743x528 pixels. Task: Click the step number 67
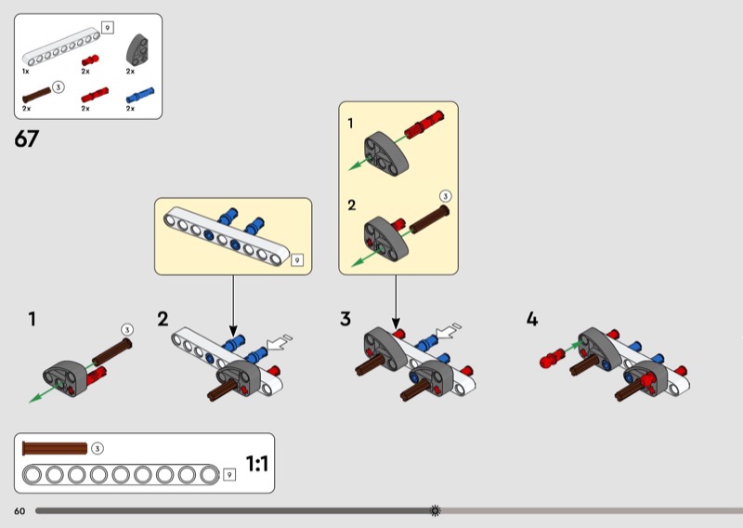click(27, 139)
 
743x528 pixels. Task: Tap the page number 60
click(20, 511)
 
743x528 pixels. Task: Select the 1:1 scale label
click(257, 464)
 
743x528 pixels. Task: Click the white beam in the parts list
click(61, 48)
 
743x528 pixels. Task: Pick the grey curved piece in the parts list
click(138, 50)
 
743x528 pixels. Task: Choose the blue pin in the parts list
click(140, 95)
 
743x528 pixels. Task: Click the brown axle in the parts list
click(36, 95)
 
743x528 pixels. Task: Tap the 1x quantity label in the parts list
click(26, 72)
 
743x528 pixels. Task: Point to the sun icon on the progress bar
click(435, 510)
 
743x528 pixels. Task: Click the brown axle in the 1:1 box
click(55, 448)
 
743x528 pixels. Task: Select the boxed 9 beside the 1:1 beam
click(229, 474)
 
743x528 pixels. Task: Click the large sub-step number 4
click(532, 319)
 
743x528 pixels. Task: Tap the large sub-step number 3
click(345, 319)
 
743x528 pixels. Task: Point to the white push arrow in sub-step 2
click(280, 341)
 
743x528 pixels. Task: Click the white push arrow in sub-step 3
click(448, 330)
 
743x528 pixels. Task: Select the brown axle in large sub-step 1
click(111, 352)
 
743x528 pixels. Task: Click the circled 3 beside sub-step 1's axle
click(127, 330)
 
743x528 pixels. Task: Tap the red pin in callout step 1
click(424, 125)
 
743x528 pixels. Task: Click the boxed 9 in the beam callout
click(297, 260)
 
